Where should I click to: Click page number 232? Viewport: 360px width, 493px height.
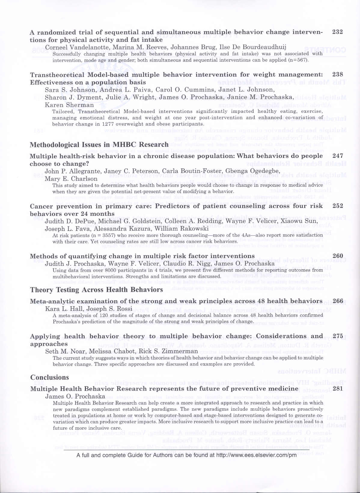tap(337, 32)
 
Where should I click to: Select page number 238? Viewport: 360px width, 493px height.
tap(337, 74)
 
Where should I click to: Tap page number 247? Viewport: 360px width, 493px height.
tap(337, 156)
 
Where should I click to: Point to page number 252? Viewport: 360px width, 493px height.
tap(337, 206)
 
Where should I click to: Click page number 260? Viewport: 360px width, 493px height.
tap(337, 256)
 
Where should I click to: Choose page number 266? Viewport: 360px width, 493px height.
tap(337, 301)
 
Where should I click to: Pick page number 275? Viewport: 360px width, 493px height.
tap(337, 336)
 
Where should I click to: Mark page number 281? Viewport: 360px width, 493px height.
tap(337, 389)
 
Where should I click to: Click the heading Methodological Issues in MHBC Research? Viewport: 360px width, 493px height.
tap(99, 145)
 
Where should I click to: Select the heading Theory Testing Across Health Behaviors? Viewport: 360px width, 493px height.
tap(96, 290)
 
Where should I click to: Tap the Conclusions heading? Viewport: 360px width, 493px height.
tap(50, 377)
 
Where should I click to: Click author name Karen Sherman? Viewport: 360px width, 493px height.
tap(69, 105)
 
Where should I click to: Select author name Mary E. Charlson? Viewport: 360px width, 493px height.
tap(71, 179)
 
